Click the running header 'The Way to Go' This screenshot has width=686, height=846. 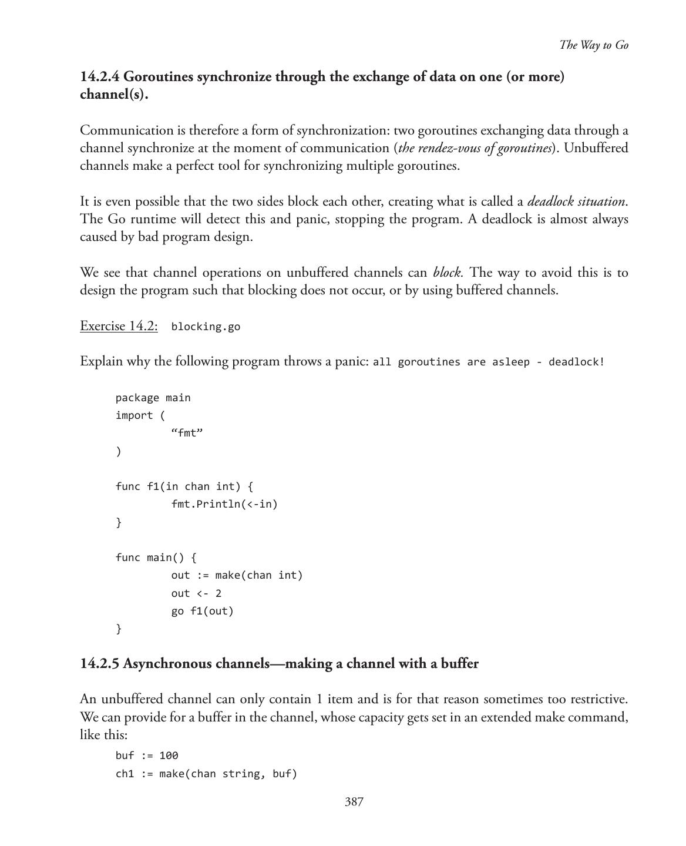(x=593, y=45)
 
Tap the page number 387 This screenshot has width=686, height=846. (x=354, y=802)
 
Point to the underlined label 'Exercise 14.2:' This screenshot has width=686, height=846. (x=119, y=326)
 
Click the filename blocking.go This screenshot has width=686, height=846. (x=206, y=327)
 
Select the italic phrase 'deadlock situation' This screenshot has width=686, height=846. (x=576, y=202)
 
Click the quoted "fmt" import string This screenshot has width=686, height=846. (x=187, y=434)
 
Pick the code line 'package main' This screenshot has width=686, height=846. (x=153, y=398)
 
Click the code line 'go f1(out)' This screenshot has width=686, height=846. (x=202, y=611)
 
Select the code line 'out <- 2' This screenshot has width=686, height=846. (x=196, y=593)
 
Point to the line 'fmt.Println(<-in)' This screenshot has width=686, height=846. (x=224, y=504)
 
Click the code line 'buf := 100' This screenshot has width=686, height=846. (x=147, y=756)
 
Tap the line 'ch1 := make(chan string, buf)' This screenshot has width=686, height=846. (x=206, y=774)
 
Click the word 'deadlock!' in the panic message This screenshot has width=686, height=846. (x=576, y=362)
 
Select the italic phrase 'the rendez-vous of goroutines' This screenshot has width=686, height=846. (x=475, y=148)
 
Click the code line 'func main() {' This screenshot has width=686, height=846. (x=156, y=557)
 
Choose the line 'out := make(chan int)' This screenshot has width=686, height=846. (x=237, y=575)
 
